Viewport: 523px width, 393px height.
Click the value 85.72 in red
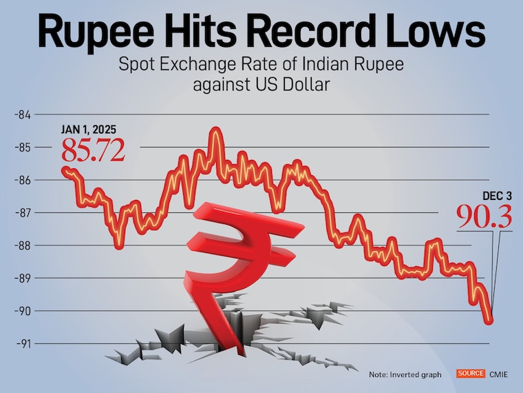pos(94,150)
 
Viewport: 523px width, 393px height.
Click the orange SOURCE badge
pos(471,374)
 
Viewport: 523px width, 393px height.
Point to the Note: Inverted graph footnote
pos(405,374)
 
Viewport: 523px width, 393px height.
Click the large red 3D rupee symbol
pos(234,255)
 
